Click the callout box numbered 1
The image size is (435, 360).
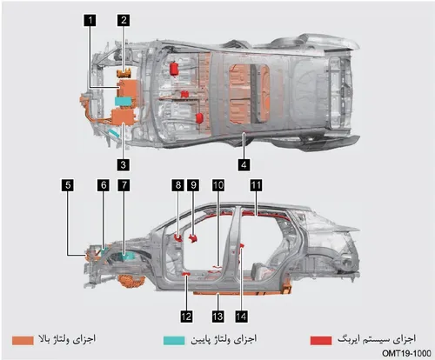click(x=90, y=20)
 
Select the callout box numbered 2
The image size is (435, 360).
click(x=124, y=20)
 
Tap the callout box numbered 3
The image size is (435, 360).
click(x=124, y=164)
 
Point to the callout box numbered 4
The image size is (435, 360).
click(x=244, y=164)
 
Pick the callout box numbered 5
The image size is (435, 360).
click(x=68, y=185)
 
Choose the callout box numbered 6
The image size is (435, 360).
click(x=104, y=185)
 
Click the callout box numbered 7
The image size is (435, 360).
click(x=124, y=185)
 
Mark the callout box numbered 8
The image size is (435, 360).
click(x=177, y=185)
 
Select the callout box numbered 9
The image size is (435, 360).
click(x=193, y=185)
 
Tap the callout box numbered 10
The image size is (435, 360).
click(x=218, y=185)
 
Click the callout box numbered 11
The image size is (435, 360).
click(x=256, y=185)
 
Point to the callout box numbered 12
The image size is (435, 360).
click(x=186, y=316)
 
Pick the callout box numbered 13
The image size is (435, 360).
click(x=217, y=316)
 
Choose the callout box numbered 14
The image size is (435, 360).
click(x=241, y=316)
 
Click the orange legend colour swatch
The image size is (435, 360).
click(x=23, y=341)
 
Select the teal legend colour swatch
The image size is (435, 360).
click(x=174, y=341)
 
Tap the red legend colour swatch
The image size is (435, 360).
click(x=321, y=341)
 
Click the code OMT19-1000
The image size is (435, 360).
click(x=406, y=353)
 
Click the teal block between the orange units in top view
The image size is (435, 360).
click(x=124, y=101)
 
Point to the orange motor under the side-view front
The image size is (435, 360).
click(x=132, y=281)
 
